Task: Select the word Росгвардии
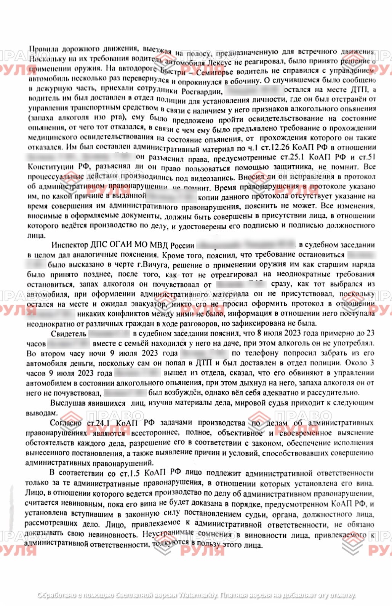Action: click(202, 91)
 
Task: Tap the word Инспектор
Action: click(69, 245)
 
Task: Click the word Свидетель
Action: click(69, 334)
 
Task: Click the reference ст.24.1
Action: click(98, 423)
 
